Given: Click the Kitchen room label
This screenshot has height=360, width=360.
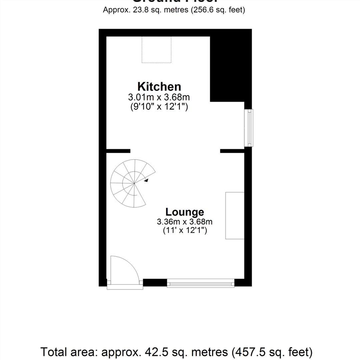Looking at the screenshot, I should (x=159, y=87).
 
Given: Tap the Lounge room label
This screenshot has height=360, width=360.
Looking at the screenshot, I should (x=185, y=212).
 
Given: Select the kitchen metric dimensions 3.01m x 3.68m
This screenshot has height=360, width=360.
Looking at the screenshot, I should (x=159, y=98).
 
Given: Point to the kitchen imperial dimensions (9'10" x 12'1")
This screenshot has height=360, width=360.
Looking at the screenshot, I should (x=159, y=107).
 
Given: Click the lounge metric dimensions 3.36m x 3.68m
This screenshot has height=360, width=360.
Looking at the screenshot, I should (x=185, y=222).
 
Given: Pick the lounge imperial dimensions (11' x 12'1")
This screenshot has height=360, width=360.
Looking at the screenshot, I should (x=185, y=230).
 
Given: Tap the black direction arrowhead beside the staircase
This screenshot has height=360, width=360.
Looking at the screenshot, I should (x=146, y=180).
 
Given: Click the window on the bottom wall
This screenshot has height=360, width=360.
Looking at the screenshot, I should (x=200, y=284).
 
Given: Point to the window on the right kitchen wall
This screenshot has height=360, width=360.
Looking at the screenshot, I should (x=249, y=128).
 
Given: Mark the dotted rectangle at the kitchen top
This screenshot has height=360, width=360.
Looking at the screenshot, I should (x=157, y=49).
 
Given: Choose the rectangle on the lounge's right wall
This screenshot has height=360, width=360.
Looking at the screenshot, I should (x=235, y=215).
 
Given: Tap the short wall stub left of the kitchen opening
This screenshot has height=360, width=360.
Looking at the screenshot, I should (x=118, y=151).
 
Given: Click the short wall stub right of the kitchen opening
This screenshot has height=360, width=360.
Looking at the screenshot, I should (x=232, y=151).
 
